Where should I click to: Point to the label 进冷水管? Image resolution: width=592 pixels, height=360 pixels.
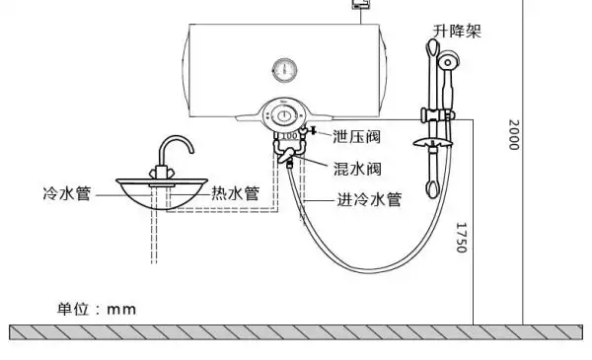pos(369,199)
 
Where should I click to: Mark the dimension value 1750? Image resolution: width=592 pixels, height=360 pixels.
pos(460,237)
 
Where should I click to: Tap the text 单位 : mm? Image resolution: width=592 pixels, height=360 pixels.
pos(96,309)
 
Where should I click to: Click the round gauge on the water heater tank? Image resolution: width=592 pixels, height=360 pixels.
pos(283,71)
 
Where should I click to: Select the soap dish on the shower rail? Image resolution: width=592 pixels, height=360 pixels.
pos(433,145)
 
